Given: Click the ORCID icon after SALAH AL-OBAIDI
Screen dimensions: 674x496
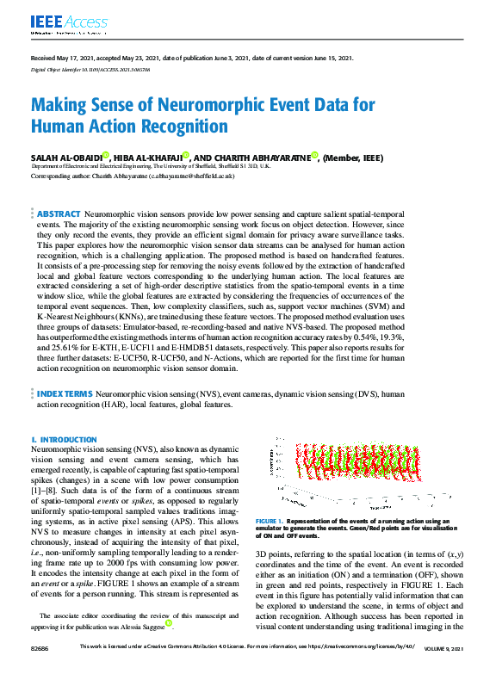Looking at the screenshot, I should point(105,155).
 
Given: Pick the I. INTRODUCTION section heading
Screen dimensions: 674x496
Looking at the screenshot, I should point(64,440).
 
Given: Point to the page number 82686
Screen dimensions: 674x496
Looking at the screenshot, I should point(40,669).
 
